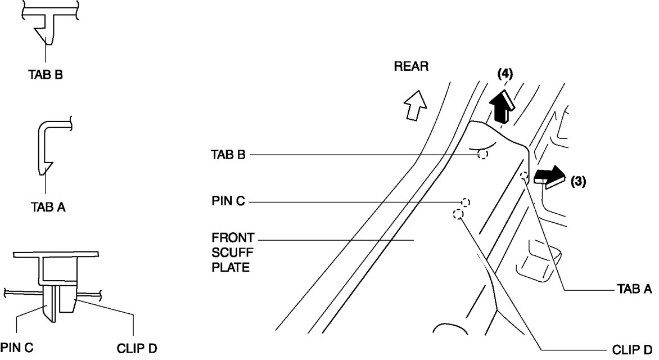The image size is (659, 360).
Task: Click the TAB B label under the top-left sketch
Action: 46,74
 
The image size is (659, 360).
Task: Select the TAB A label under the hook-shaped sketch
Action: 48,208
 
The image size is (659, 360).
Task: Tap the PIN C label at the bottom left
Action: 17,348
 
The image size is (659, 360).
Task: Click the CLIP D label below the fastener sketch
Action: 137,348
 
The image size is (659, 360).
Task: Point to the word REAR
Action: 411,66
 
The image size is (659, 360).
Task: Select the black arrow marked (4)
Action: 502,107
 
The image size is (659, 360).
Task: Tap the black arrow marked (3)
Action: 549,175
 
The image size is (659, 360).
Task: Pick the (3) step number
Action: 579,182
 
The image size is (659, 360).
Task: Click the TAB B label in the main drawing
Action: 228,154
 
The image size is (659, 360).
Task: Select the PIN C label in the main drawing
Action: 228,201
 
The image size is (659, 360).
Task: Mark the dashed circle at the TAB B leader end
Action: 482,154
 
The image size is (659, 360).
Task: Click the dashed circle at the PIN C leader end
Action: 466,202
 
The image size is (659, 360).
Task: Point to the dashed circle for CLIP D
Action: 458,214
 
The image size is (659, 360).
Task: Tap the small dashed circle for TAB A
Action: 524,175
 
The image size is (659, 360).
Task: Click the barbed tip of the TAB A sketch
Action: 45,167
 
